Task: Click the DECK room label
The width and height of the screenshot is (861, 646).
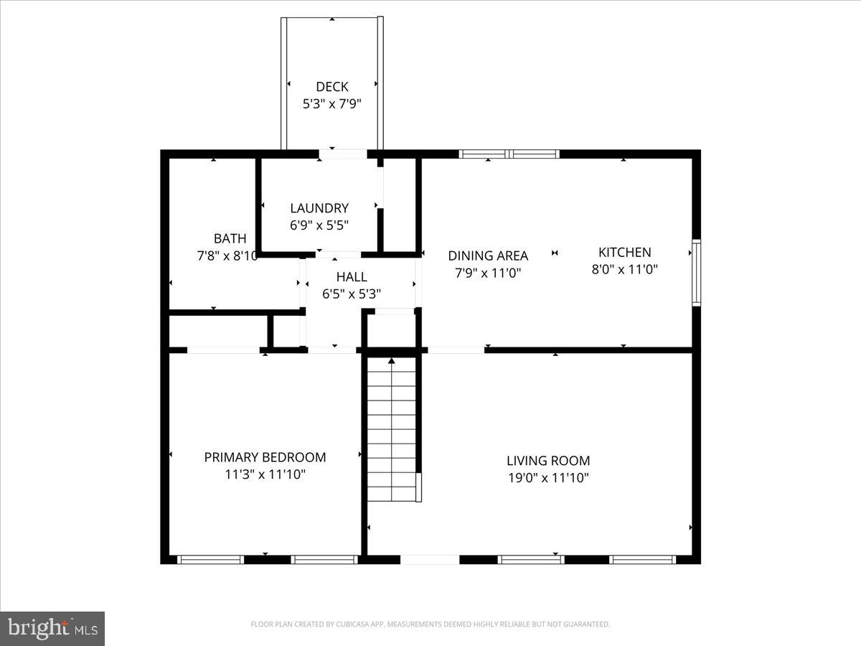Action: (331, 87)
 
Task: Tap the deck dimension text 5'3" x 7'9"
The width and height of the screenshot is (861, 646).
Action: (331, 103)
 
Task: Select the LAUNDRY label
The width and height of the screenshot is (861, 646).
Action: (319, 208)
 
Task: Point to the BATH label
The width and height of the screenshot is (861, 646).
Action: (230, 238)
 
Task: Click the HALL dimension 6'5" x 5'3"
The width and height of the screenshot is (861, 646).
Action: (352, 294)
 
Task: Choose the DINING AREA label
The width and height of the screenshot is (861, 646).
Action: (488, 256)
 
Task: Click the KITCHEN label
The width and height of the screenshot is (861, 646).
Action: (625, 252)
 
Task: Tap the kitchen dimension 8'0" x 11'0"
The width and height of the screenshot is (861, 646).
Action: (625, 269)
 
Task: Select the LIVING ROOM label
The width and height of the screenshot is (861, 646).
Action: (548, 461)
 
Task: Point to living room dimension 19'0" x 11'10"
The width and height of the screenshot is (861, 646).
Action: (548, 478)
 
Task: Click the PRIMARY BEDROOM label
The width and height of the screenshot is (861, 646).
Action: (265, 457)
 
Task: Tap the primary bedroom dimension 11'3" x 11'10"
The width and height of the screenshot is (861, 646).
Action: (265, 474)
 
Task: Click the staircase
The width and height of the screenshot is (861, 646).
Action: (392, 431)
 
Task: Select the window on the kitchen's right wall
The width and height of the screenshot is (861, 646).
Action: (696, 273)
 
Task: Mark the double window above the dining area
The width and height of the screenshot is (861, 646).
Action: (509, 154)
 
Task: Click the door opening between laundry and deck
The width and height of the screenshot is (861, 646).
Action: (343, 154)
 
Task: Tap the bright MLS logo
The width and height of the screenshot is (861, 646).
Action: (52, 628)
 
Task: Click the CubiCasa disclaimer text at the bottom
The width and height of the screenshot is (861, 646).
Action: (430, 624)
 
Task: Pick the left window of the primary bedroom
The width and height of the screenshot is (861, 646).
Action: (210, 559)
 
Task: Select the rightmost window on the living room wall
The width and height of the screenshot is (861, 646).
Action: (643, 559)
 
